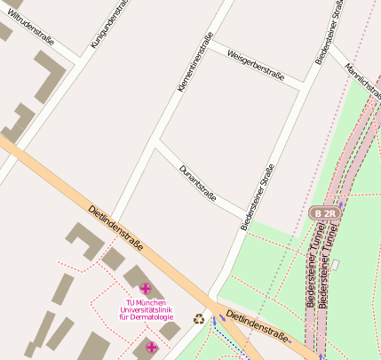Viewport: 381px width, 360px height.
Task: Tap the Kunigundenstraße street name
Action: click(111, 24)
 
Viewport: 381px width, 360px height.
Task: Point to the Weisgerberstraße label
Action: click(255, 64)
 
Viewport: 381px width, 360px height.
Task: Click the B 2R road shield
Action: click(324, 213)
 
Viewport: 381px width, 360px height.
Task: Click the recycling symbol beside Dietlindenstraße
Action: click(200, 319)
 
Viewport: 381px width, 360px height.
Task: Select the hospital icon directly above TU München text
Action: click(146, 289)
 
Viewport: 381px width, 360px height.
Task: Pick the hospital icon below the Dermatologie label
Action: click(151, 347)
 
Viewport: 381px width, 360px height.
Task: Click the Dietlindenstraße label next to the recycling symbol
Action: click(258, 327)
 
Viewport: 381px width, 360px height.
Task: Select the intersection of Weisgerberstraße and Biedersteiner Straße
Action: click(304, 86)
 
